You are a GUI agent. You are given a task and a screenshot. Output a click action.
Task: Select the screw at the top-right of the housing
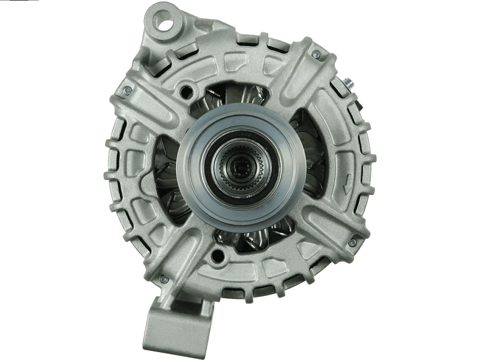coord(316,55)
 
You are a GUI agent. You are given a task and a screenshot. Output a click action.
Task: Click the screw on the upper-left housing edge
coord(127,91)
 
